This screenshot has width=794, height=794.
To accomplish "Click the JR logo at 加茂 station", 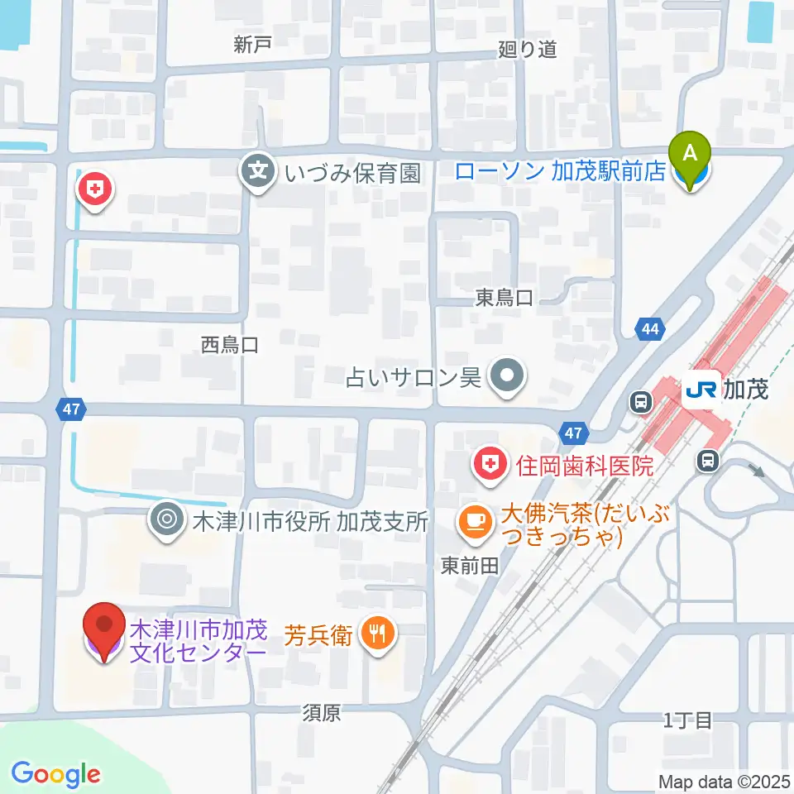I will (701, 388).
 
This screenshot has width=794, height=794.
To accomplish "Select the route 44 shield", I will (651, 329).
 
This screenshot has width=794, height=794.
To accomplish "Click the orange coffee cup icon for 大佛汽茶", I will (475, 519).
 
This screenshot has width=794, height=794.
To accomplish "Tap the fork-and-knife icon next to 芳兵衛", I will (379, 634).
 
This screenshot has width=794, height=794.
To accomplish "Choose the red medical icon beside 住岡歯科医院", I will (490, 465).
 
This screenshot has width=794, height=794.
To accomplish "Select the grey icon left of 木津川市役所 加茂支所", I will (166, 520).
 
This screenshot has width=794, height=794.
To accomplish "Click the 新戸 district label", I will (252, 46).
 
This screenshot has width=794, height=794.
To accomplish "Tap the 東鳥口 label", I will (504, 298).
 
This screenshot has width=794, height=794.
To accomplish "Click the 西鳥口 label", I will (230, 345).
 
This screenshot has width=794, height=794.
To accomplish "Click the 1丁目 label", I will (687, 720).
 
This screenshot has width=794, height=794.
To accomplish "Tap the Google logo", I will (55, 774).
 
